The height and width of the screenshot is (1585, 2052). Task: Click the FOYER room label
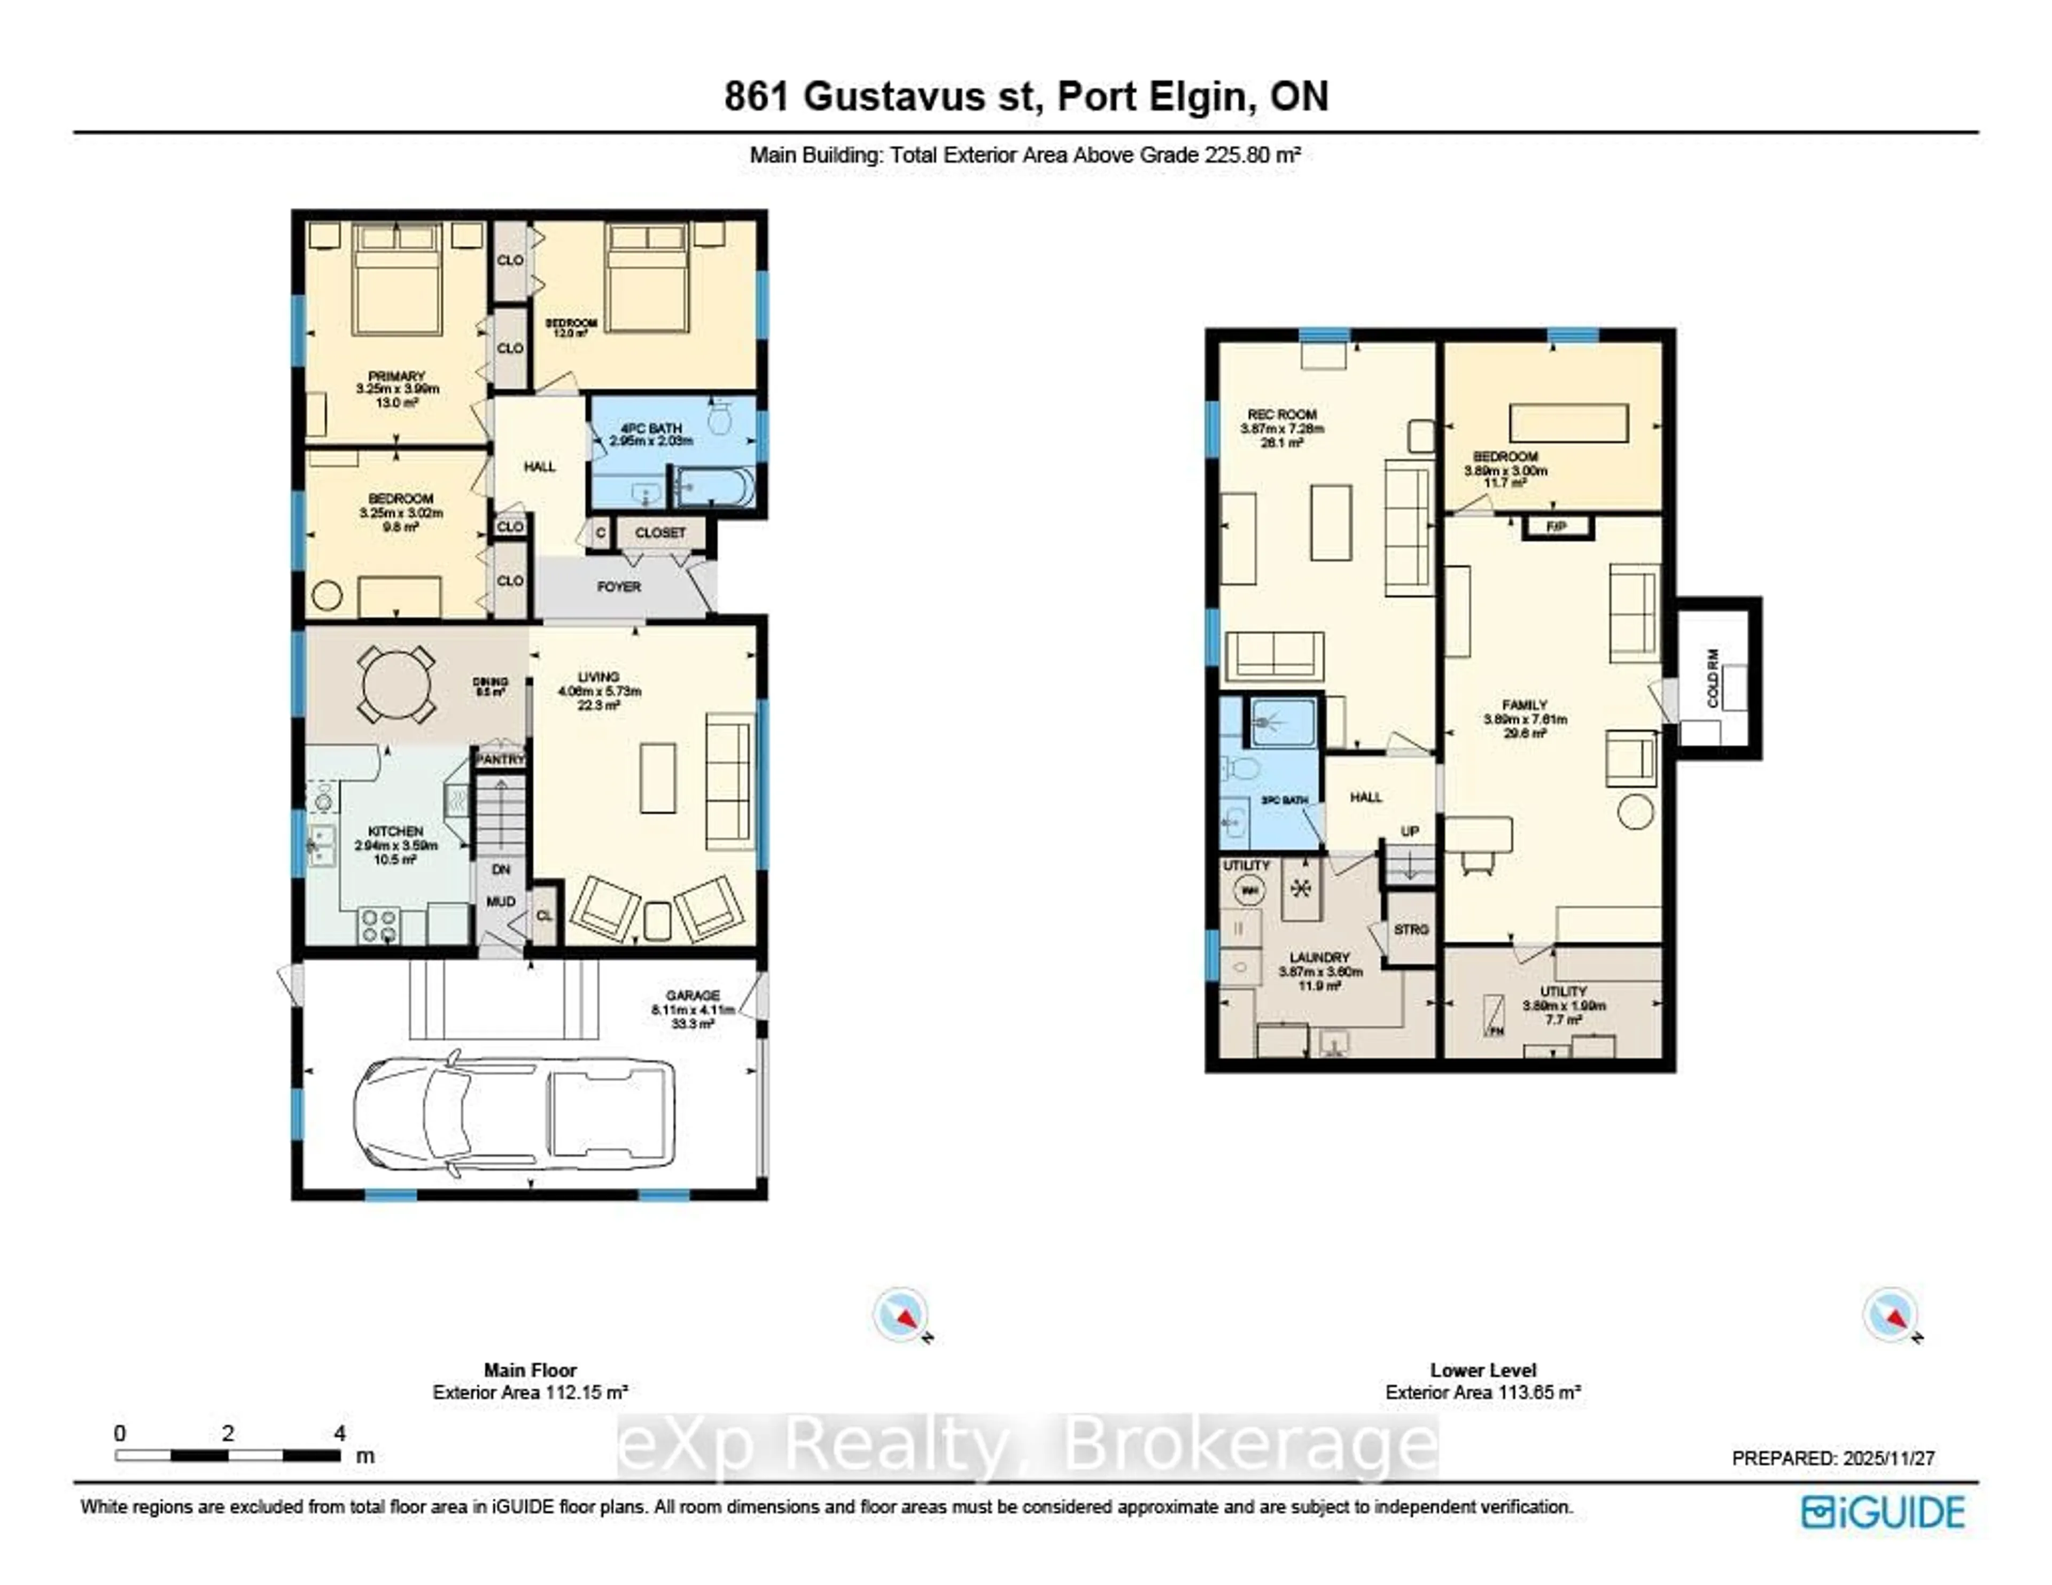[618, 586]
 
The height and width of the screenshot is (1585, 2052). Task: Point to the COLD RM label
[1712, 678]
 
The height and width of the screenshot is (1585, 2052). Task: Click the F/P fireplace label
[1557, 526]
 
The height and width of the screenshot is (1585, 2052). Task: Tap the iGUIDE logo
[1883, 1512]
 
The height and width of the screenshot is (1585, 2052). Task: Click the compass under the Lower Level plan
[1890, 1315]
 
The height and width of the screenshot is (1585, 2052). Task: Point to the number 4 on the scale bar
[339, 1433]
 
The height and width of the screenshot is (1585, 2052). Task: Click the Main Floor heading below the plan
[530, 1370]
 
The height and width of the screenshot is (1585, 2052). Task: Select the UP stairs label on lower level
[1409, 830]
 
